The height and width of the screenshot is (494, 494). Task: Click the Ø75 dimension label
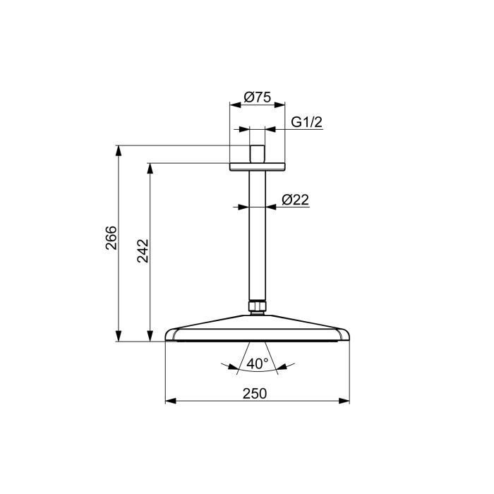[258, 97]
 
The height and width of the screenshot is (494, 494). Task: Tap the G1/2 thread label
[306, 122]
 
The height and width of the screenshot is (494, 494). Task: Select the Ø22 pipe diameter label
[295, 200]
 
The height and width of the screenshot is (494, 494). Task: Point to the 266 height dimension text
[111, 238]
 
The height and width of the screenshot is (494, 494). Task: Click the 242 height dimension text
[143, 251]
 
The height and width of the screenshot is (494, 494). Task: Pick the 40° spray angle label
[258, 363]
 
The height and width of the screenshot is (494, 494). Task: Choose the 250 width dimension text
[255, 394]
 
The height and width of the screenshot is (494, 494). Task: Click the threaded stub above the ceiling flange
[257, 154]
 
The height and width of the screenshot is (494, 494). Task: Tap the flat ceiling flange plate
[258, 167]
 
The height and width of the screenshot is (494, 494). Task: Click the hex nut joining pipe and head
[258, 306]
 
